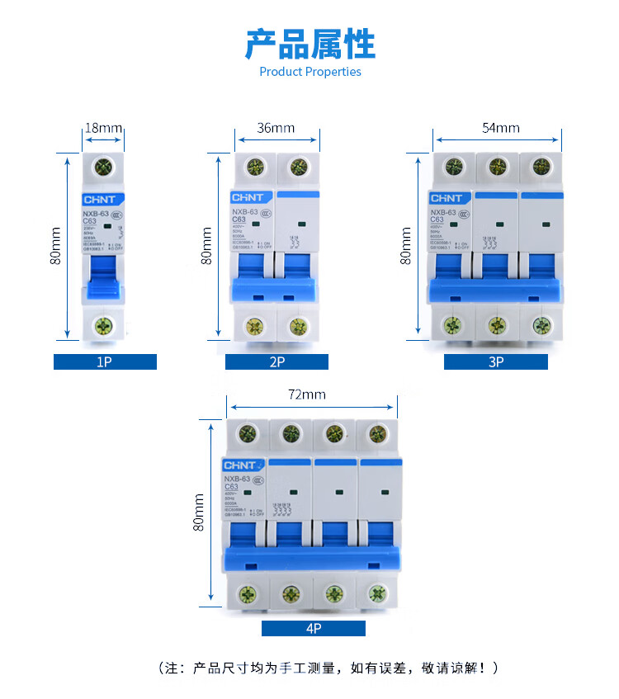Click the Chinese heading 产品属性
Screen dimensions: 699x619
point(309,44)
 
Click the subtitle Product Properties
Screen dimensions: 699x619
point(310,72)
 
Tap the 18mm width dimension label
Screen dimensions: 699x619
point(104,128)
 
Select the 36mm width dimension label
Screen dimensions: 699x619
point(276,128)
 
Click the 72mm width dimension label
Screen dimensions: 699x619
point(306,394)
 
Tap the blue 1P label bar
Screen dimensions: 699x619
point(105,361)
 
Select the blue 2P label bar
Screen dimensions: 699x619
point(276,361)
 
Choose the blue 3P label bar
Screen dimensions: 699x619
point(495,361)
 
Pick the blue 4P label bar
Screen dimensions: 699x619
point(314,629)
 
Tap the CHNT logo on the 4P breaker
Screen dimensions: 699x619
point(243,465)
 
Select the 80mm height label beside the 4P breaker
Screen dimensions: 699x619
point(199,512)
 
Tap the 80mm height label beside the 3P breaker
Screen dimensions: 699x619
point(406,246)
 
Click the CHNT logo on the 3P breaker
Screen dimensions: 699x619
point(447,198)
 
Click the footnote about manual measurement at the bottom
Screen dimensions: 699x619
point(328,668)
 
